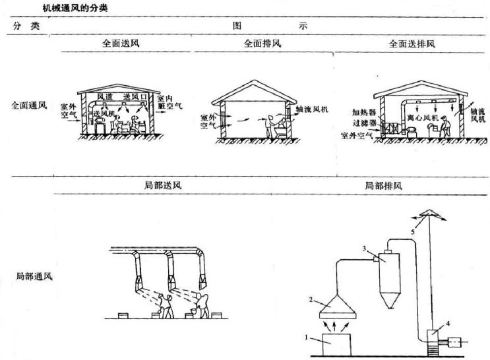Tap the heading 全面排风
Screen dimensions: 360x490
262,44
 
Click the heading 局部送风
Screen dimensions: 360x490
162,185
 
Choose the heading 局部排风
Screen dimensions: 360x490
383,185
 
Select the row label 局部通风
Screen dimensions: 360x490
34,275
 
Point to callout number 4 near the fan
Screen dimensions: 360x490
448,323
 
